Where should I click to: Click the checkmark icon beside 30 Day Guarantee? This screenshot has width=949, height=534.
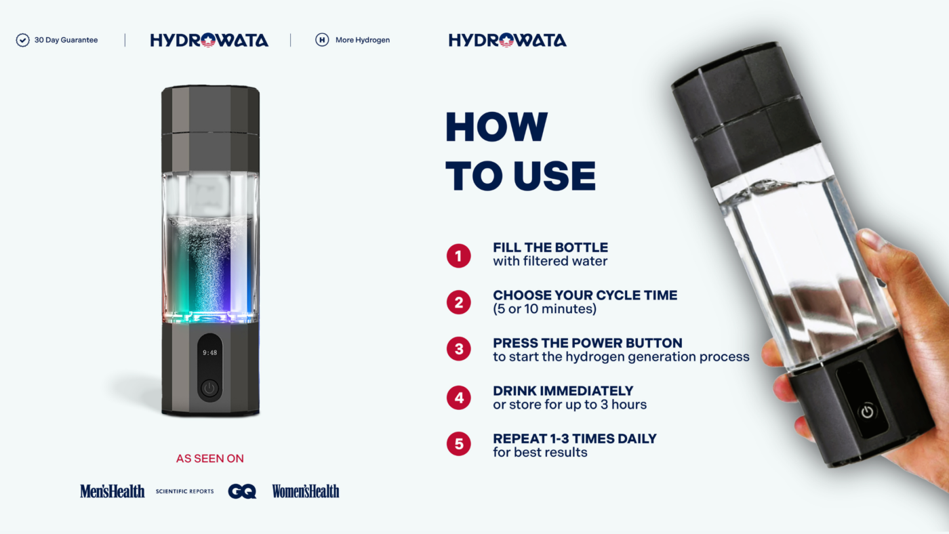point(22,40)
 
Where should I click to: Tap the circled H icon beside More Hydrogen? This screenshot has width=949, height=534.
point(322,40)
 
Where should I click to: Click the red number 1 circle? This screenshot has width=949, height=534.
point(459,255)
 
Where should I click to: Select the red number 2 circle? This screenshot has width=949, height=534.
point(459,303)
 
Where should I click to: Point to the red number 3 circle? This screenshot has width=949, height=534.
point(459,350)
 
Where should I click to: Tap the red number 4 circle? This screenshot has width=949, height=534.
point(459,397)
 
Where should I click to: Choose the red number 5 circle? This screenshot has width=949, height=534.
point(459,445)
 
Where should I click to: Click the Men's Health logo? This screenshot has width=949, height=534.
point(112,491)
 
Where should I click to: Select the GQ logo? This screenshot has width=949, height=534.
point(242,491)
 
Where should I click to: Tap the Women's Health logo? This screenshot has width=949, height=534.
point(306,491)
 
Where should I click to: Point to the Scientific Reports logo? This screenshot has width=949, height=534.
point(184,491)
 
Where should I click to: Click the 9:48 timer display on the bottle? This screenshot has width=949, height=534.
point(209,352)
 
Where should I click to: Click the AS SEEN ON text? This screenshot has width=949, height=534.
point(209,459)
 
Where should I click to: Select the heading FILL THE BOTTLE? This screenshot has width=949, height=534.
point(550,247)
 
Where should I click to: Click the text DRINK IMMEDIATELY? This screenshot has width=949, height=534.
point(563,391)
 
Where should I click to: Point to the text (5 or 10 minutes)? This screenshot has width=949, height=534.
point(544,309)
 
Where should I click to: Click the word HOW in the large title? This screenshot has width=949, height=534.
point(496,127)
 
